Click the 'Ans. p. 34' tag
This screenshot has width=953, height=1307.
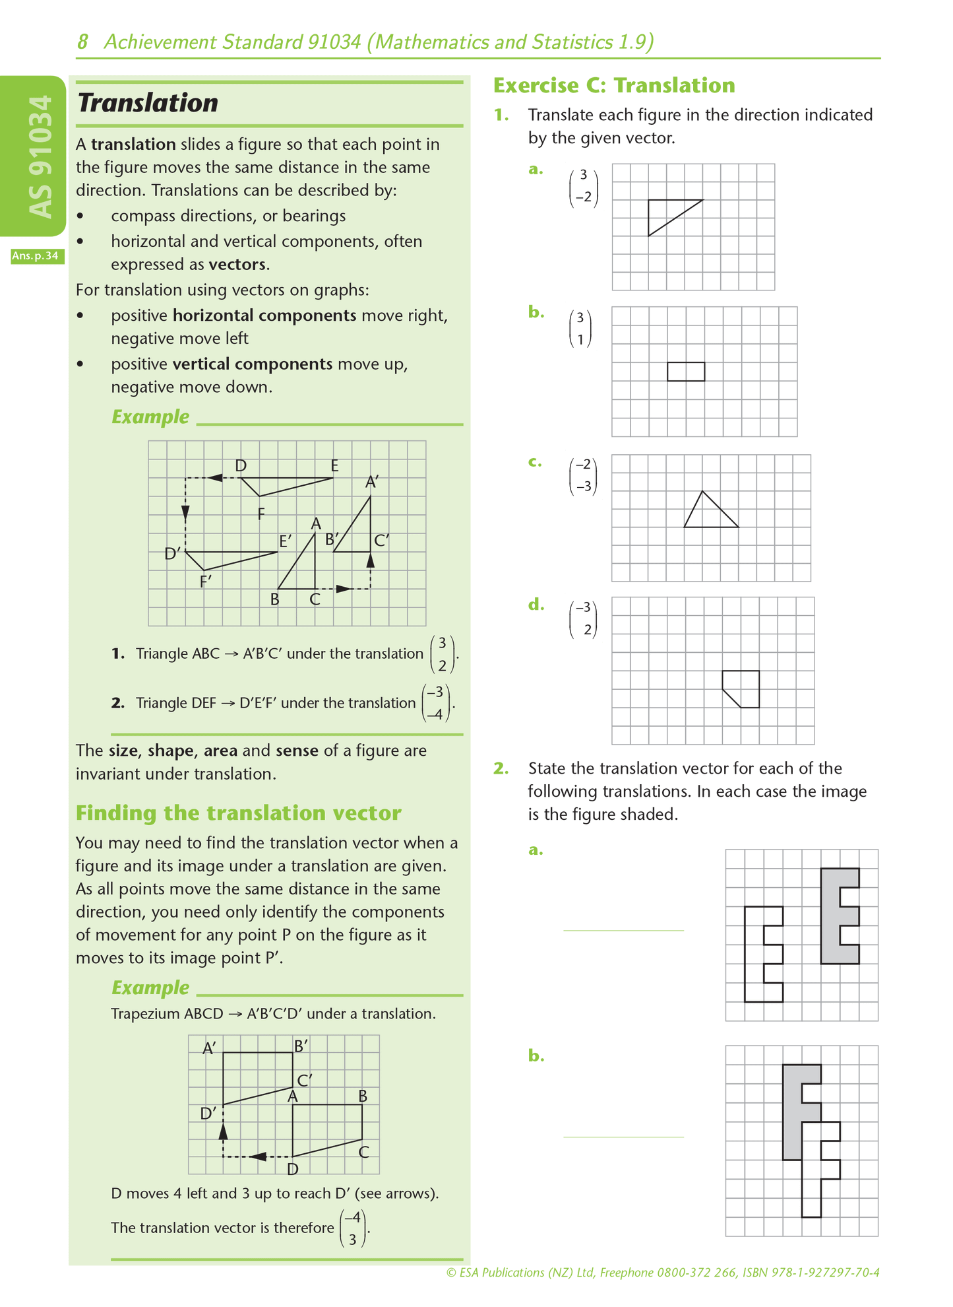point(38,256)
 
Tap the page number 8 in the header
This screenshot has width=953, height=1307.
point(82,42)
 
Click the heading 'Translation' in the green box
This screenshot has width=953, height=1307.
point(148,103)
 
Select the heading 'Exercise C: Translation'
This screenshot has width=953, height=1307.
point(614,85)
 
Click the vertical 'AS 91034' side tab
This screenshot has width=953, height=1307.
point(41,156)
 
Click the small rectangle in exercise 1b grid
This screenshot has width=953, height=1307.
point(686,372)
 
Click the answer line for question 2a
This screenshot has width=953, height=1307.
point(623,929)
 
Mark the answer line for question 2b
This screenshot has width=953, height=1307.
point(623,1136)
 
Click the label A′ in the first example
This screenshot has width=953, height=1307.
point(372,483)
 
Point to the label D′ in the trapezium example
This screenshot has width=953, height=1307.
point(208,1114)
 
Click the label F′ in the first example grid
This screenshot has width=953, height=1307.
point(206,582)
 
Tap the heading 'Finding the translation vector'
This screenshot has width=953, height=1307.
point(238,813)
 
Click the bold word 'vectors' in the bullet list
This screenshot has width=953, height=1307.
point(237,265)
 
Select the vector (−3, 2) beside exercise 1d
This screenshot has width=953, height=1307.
point(583,619)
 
